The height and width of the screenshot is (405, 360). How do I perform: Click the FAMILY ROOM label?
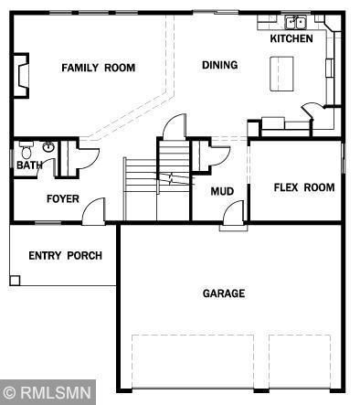[x=99, y=68]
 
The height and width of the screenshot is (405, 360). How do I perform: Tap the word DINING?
[x=220, y=65]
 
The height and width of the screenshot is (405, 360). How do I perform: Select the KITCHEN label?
[x=291, y=38]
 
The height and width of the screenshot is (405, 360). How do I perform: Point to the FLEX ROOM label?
[x=304, y=187]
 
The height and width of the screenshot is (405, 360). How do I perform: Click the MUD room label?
[x=222, y=191]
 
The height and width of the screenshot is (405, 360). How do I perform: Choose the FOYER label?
[x=63, y=199]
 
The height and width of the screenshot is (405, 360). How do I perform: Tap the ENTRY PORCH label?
[x=65, y=256]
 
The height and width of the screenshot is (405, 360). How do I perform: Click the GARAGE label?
[x=224, y=293]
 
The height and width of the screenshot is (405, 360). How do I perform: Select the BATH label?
[x=29, y=165]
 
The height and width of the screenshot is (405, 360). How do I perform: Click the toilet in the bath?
[x=26, y=149]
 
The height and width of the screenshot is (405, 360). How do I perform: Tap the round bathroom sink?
[x=48, y=147]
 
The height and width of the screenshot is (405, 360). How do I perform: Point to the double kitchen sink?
[x=295, y=22]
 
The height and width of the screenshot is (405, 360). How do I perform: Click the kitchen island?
[x=281, y=74]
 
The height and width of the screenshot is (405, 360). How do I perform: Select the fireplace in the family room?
[x=21, y=76]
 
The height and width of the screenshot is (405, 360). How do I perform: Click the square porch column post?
[x=15, y=281]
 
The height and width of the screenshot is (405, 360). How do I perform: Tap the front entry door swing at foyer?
[x=94, y=211]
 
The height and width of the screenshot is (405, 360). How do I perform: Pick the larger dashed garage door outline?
[x=193, y=362]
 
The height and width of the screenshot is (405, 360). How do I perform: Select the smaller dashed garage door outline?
[x=300, y=362]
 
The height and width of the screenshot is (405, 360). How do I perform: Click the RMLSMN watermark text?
[x=57, y=392]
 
